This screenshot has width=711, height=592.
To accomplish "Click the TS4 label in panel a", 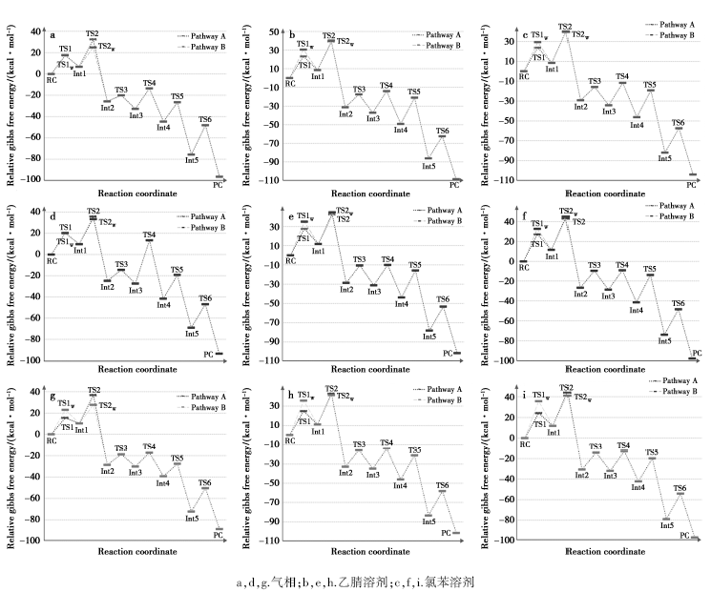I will pos(150,83).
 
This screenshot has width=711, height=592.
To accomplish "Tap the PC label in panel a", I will pos(219,186).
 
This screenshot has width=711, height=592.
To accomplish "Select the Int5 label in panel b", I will pos(429,167).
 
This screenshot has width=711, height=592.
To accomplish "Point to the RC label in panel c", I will pos(524,78).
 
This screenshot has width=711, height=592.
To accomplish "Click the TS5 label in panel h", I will pos(414,449).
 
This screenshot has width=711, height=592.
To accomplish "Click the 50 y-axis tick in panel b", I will pos(272,32).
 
